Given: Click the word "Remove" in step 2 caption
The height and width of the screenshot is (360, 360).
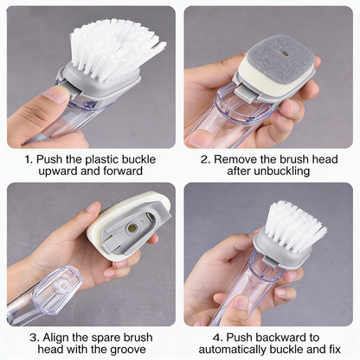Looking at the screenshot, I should point(235,160).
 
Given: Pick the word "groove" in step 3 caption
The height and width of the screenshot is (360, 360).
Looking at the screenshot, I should point(131,350).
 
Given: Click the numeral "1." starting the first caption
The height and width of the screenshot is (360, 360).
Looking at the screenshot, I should point(29,160).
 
